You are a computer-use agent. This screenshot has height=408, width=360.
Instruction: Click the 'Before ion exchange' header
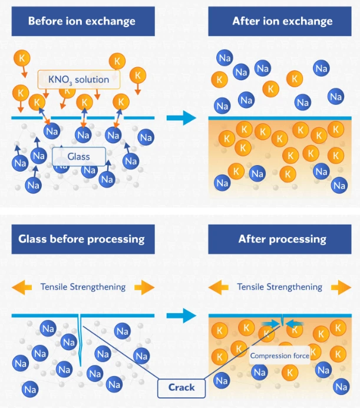pyautogui.click(x=83, y=21)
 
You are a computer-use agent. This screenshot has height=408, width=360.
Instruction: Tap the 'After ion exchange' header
pyautogui.click(x=280, y=21)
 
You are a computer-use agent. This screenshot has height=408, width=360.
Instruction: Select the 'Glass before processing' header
pyautogui.click(x=83, y=239)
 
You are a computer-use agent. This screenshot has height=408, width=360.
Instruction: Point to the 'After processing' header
pyautogui.click(x=280, y=239)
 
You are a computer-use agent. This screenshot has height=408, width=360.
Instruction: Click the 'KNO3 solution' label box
pyautogui.click(x=79, y=80)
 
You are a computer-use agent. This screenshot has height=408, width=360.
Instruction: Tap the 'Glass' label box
pyautogui.click(x=79, y=157)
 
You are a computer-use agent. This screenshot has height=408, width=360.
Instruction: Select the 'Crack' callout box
pyautogui.click(x=181, y=388)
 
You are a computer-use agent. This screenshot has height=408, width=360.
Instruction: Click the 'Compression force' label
pyautogui.click(x=280, y=356)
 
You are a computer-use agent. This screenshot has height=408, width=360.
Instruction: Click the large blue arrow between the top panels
pyautogui.click(x=181, y=118)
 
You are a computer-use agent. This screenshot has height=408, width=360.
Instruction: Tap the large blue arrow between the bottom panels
pyautogui.click(x=181, y=315)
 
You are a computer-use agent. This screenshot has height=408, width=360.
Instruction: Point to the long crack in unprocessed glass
pyautogui.click(x=80, y=341)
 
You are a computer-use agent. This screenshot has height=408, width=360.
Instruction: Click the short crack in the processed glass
pyautogui.click(x=282, y=320)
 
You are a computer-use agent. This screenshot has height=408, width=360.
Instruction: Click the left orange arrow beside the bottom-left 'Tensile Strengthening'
pyautogui.click(x=22, y=287)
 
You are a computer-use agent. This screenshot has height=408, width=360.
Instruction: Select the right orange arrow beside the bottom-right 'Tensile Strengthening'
pyautogui.click(x=341, y=287)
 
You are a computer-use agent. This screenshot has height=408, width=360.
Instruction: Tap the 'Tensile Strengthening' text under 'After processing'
pyautogui.click(x=280, y=287)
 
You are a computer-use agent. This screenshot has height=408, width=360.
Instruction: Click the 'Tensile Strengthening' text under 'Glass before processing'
pyautogui.click(x=83, y=287)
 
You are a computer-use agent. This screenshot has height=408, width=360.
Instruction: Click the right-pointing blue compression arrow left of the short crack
pyautogui.click(x=271, y=324)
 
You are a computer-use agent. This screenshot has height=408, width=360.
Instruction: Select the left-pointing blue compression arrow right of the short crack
pyautogui.click(x=294, y=324)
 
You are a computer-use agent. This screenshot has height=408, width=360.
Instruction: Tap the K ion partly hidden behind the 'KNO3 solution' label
pyautogui.click(x=67, y=91)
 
